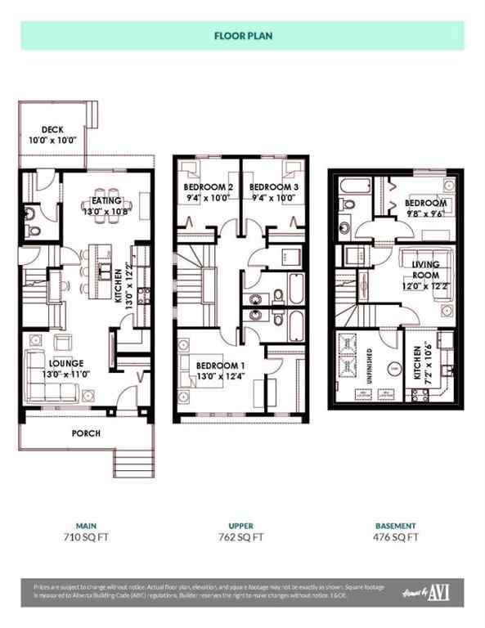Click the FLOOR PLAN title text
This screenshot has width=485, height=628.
(x=242, y=36)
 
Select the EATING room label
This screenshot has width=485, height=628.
(x=106, y=200)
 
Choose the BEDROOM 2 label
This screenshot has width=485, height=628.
(x=208, y=187)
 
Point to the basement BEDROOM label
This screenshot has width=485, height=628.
(x=425, y=203)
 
